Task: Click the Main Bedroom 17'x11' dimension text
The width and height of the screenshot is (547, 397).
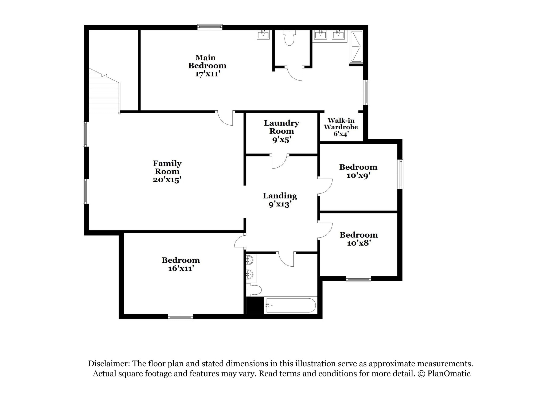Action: tap(207, 74)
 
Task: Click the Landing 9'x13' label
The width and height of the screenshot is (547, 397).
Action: tap(280, 200)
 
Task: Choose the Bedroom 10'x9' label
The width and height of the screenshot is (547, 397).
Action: tap(358, 171)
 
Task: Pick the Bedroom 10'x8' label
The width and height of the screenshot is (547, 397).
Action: tap(359, 239)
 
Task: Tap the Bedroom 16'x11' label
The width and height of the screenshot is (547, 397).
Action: tap(181, 264)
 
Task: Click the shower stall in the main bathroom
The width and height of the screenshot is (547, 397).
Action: tap(356, 47)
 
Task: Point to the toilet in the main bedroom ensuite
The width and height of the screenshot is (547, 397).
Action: tap(289, 38)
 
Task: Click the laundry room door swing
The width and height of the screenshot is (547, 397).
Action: tap(279, 161)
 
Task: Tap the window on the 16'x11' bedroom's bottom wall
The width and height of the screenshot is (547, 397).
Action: tap(180, 317)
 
